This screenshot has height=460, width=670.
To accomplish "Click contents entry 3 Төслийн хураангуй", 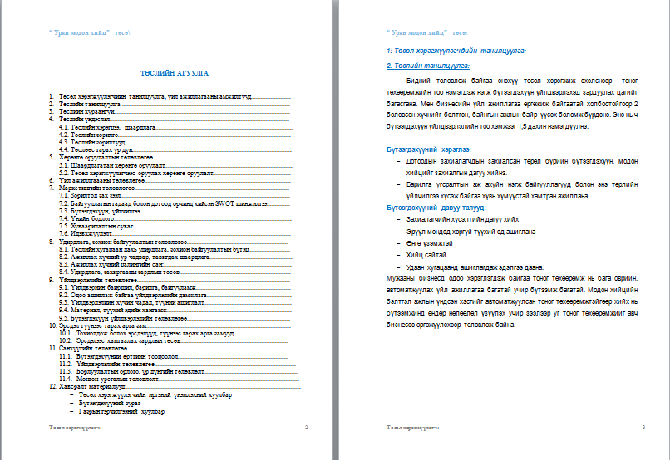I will [87, 110].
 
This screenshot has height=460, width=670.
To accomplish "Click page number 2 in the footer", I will [307, 427].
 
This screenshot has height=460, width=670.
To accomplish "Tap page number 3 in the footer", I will [643, 427].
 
